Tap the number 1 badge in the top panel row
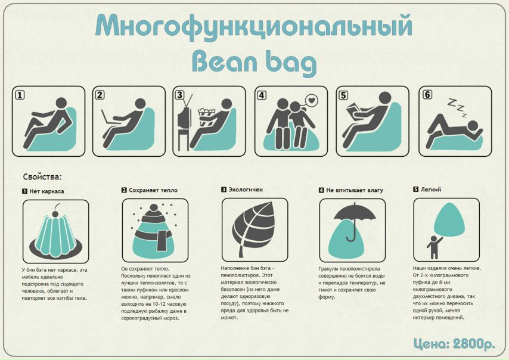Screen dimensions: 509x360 click(20, 95)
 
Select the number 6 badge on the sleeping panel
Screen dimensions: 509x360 click(427, 94)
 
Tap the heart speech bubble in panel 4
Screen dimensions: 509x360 click(311, 101)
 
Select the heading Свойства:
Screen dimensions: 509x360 click(42, 177)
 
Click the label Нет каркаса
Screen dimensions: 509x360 click(46, 191)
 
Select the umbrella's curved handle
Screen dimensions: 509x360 click(352, 238)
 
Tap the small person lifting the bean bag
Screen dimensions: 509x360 click(434, 247)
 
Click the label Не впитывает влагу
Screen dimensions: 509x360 click(355, 190)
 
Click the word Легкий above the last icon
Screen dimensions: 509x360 click(431, 190)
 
